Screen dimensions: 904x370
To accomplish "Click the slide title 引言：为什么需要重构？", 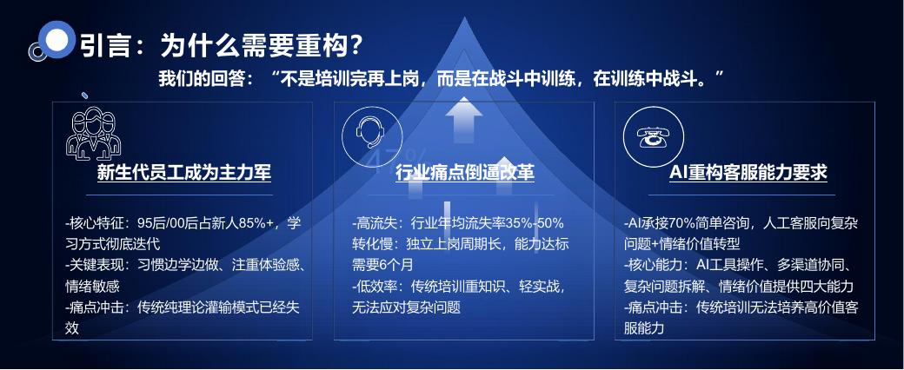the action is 220,45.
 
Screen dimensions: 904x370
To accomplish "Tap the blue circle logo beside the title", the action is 56,39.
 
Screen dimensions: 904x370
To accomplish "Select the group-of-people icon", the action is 93,133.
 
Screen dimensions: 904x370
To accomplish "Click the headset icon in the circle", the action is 372,135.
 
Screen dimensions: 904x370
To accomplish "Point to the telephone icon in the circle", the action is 653,137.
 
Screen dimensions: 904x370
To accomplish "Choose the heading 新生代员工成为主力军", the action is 184,172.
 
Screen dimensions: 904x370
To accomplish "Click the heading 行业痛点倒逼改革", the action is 465,172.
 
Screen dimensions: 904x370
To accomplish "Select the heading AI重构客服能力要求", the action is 748,172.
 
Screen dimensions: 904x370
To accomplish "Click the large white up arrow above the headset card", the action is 463,120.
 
